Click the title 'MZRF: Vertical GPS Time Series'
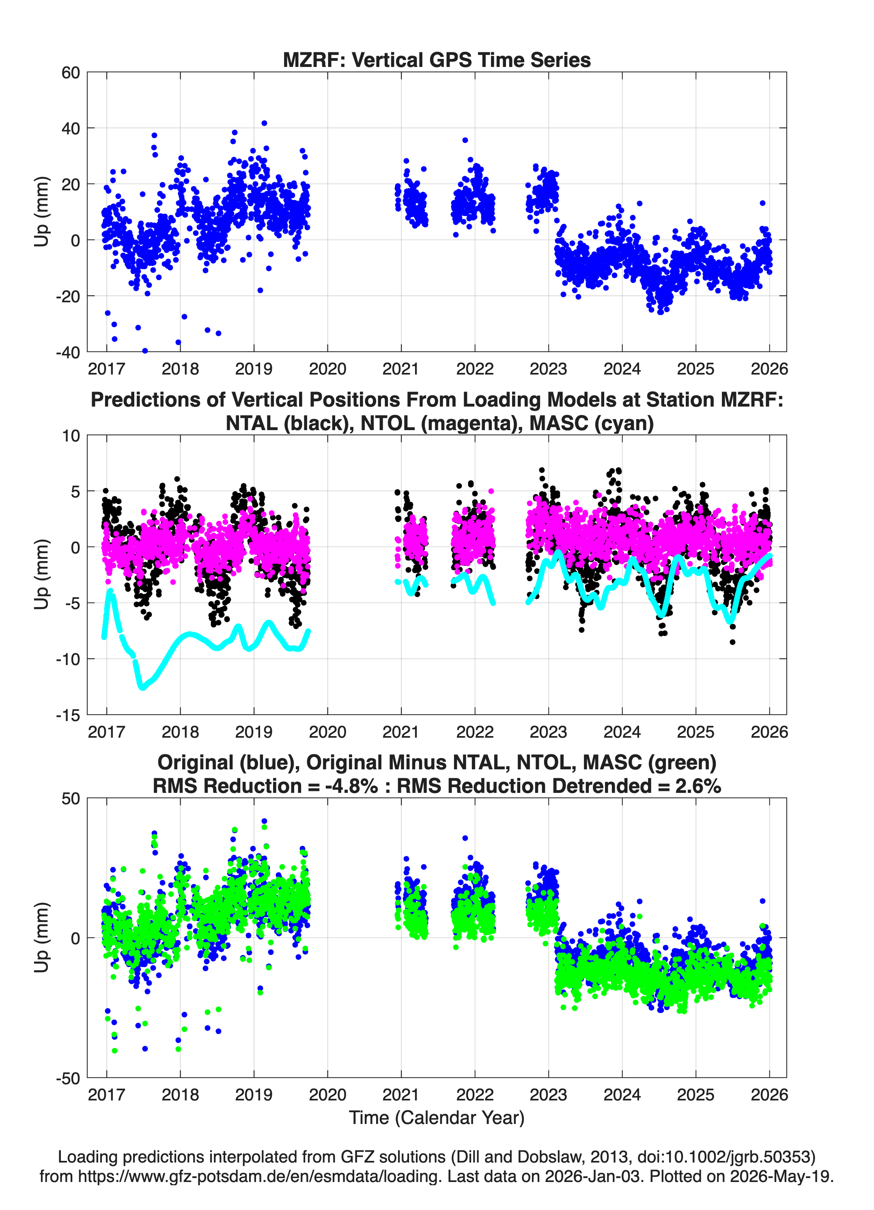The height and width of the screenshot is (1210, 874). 437,60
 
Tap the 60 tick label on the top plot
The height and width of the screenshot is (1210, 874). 71,73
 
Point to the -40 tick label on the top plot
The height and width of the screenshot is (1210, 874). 68,352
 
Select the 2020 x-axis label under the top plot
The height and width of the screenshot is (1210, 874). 327,369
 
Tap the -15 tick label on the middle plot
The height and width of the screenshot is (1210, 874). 68,715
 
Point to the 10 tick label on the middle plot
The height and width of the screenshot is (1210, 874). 71,436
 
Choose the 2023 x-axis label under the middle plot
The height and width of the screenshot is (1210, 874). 548,732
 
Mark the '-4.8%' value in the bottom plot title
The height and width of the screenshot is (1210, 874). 352,786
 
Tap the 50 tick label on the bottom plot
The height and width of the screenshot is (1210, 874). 71,799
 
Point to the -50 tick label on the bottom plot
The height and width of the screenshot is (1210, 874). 68,1078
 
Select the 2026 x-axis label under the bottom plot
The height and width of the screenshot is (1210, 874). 769,1095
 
